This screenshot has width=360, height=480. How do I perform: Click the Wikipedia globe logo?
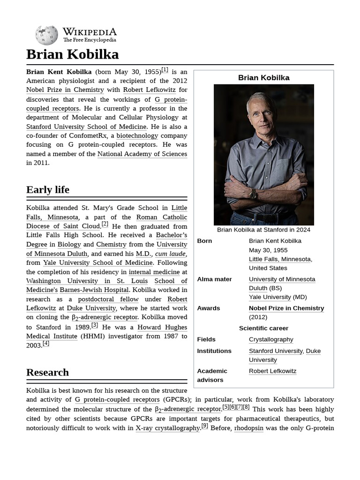(x=46, y=35)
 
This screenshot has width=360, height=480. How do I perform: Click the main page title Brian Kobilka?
(x=72, y=54)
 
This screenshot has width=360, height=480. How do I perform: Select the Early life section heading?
(x=48, y=190)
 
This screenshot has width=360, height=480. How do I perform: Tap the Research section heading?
(x=47, y=373)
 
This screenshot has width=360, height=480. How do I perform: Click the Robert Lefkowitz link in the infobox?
(x=272, y=371)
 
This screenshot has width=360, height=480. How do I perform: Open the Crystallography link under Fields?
(x=271, y=339)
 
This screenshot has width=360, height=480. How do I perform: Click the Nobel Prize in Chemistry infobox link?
(x=286, y=308)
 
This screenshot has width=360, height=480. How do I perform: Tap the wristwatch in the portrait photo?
(x=253, y=194)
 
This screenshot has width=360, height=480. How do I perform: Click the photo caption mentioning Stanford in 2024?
(x=263, y=230)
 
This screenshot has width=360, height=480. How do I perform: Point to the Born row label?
(x=204, y=241)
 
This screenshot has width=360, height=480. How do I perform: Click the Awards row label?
(x=209, y=308)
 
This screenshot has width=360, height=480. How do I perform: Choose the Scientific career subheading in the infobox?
(x=263, y=328)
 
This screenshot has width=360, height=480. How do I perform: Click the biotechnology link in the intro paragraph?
(x=137, y=135)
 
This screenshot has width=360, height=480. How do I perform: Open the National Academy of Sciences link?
(x=142, y=154)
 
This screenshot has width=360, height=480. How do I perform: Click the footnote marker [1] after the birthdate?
(x=165, y=70)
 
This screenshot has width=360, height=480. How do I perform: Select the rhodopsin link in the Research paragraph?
(x=248, y=428)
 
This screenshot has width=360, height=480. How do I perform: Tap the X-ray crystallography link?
(x=168, y=428)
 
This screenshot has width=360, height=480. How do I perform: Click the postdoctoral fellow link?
(x=108, y=299)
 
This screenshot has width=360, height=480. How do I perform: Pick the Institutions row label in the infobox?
(x=214, y=351)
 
